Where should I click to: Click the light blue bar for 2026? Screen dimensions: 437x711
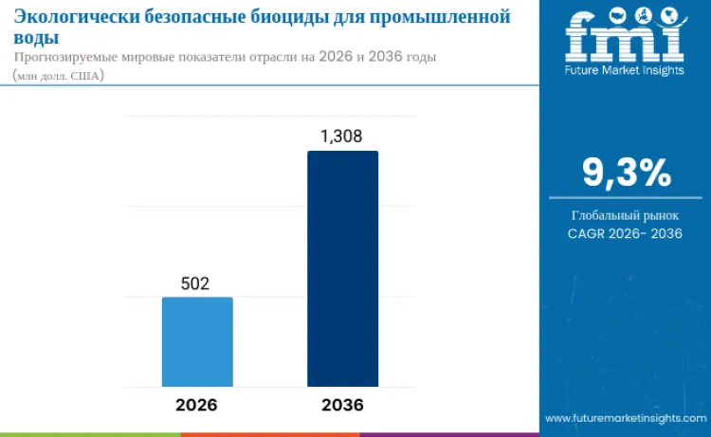(197, 341)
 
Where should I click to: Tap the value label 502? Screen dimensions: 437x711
(194, 283)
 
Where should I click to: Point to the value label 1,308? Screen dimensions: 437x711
(341, 137)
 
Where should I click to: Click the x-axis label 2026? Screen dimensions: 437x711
(196, 405)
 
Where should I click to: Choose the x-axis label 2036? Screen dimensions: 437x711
(342, 405)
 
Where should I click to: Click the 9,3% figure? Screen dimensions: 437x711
(626, 173)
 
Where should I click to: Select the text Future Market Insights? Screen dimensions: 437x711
(626, 71)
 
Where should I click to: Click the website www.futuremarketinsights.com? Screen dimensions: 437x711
(626, 418)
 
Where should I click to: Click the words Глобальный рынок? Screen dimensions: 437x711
(626, 214)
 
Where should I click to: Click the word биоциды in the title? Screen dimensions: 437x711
(289, 16)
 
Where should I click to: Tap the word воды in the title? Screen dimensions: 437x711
(36, 37)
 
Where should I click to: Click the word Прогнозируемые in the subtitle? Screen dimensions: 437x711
(72, 57)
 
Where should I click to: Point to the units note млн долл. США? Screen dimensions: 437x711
(58, 75)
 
